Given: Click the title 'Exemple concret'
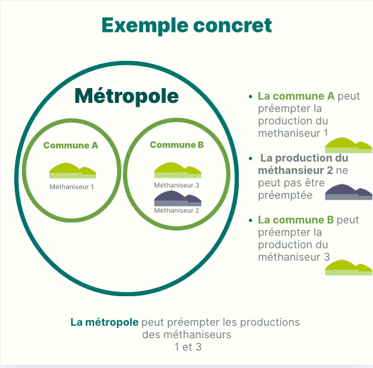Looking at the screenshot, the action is (186, 25).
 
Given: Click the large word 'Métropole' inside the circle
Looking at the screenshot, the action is (126, 96).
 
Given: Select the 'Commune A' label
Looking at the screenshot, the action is (70, 145).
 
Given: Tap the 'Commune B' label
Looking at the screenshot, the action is (177, 145).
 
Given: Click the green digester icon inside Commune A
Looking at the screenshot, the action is (72, 170).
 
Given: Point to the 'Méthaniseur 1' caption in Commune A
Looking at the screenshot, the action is (72, 187).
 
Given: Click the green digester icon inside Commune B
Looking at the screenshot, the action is (177, 170).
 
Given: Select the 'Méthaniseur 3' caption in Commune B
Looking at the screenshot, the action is (177, 185).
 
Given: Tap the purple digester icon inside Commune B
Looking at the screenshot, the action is (177, 199).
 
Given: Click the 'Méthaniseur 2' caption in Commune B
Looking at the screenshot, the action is (177, 210).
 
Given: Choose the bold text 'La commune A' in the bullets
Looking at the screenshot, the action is (296, 96).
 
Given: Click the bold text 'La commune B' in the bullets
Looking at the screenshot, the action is (296, 220).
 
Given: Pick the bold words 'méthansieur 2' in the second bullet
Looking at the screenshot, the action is (296, 170).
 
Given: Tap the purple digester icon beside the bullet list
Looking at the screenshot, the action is (348, 192).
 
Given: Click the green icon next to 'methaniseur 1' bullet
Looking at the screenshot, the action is (348, 145).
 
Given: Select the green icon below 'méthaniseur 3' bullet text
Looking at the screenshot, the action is (348, 267).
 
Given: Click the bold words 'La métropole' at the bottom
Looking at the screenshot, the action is (105, 322).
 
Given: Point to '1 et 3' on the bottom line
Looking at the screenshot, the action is (188, 347).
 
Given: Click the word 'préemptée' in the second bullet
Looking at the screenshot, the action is (285, 195).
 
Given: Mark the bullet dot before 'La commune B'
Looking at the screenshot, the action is (250, 221).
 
